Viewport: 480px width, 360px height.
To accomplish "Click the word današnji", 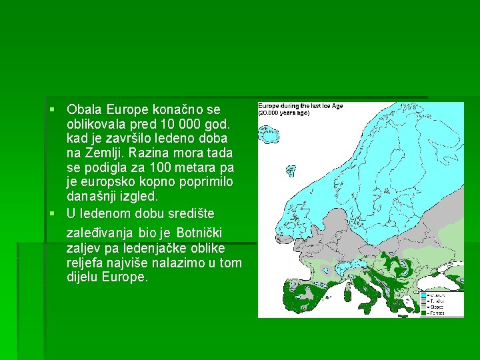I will [x=91, y=197].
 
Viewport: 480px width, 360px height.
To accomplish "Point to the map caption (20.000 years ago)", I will [x=284, y=113].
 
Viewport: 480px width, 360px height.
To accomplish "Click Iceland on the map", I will [x=269, y=135].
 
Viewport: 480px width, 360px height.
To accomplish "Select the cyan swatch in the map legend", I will [x=424, y=294].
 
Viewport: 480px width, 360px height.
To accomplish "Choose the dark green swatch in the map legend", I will [x=424, y=312].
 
